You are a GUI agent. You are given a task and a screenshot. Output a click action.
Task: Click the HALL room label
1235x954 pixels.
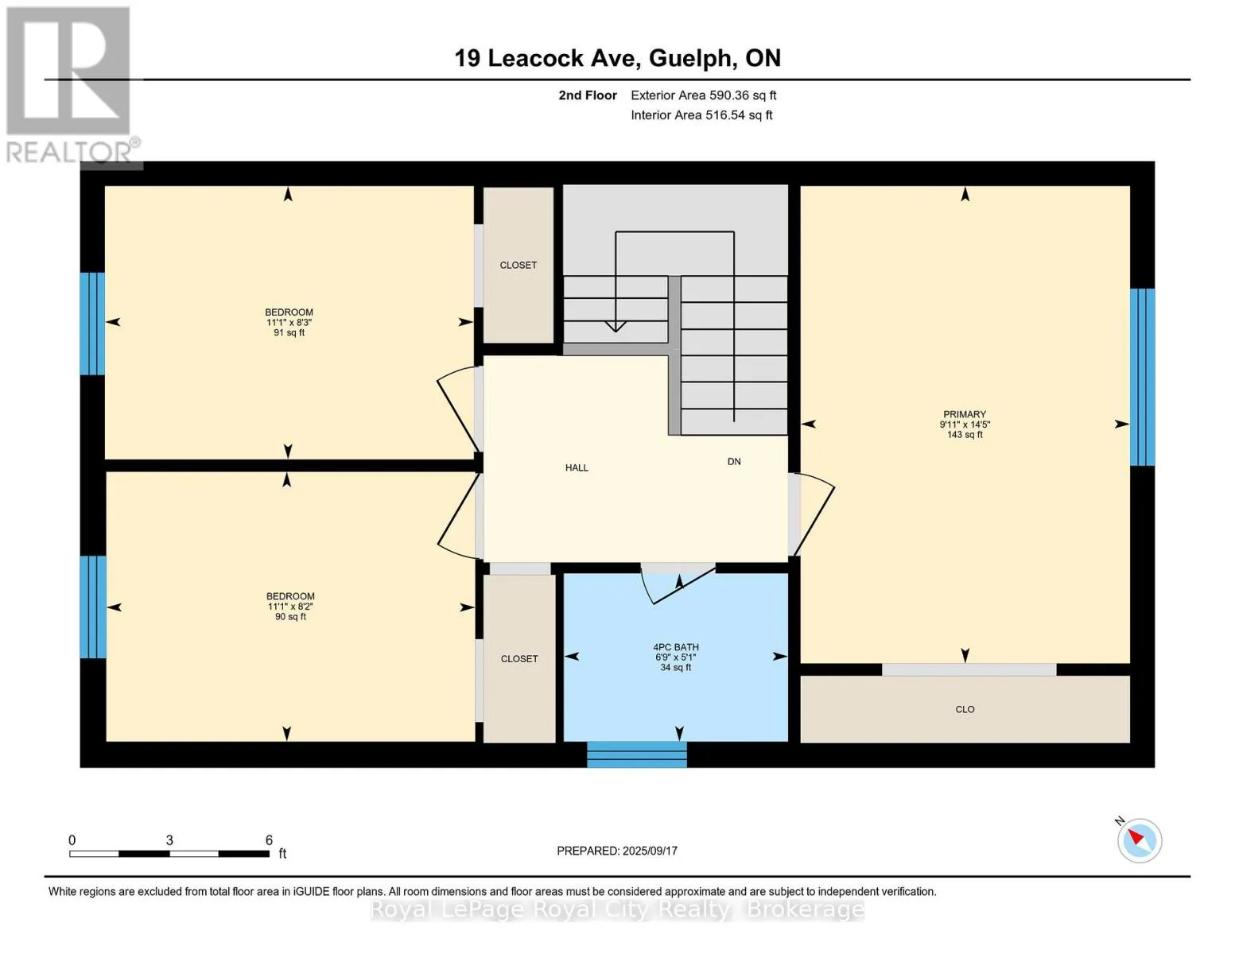[x=577, y=467]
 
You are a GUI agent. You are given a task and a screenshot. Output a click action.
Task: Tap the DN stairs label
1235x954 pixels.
[x=734, y=461]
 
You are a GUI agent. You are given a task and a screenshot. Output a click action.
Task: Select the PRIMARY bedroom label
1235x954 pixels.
[x=965, y=414]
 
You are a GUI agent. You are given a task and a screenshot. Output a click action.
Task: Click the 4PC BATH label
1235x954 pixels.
[x=676, y=646]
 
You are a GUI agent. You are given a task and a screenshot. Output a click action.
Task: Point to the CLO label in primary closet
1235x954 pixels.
[x=965, y=709]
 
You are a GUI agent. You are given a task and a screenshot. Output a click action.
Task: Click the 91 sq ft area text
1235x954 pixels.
[x=289, y=332]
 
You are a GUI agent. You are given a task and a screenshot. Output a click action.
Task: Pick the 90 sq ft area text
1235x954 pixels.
[x=290, y=616]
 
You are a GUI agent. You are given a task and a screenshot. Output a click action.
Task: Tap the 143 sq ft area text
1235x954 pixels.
[x=965, y=435]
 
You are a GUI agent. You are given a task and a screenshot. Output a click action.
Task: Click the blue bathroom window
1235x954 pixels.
[x=636, y=754]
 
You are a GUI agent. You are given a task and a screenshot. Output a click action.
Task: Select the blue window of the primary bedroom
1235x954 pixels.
[x=1143, y=377]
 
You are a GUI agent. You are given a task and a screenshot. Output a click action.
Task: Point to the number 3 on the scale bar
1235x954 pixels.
[x=169, y=840]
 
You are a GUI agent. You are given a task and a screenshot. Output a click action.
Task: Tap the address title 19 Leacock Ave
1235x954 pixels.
[x=548, y=58]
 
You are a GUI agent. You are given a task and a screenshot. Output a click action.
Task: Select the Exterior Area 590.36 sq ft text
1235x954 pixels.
[x=704, y=95]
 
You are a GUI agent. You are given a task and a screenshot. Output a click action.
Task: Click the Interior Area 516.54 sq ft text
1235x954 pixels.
[x=701, y=114]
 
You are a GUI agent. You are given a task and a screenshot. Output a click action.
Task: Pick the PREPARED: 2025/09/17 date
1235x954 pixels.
[x=617, y=851]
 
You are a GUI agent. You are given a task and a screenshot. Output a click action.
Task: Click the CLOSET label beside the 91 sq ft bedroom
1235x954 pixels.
[x=518, y=265]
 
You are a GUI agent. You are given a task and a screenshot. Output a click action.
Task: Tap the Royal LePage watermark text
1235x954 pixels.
[x=617, y=909]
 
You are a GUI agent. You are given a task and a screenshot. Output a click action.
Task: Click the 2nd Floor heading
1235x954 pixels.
[x=588, y=95]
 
